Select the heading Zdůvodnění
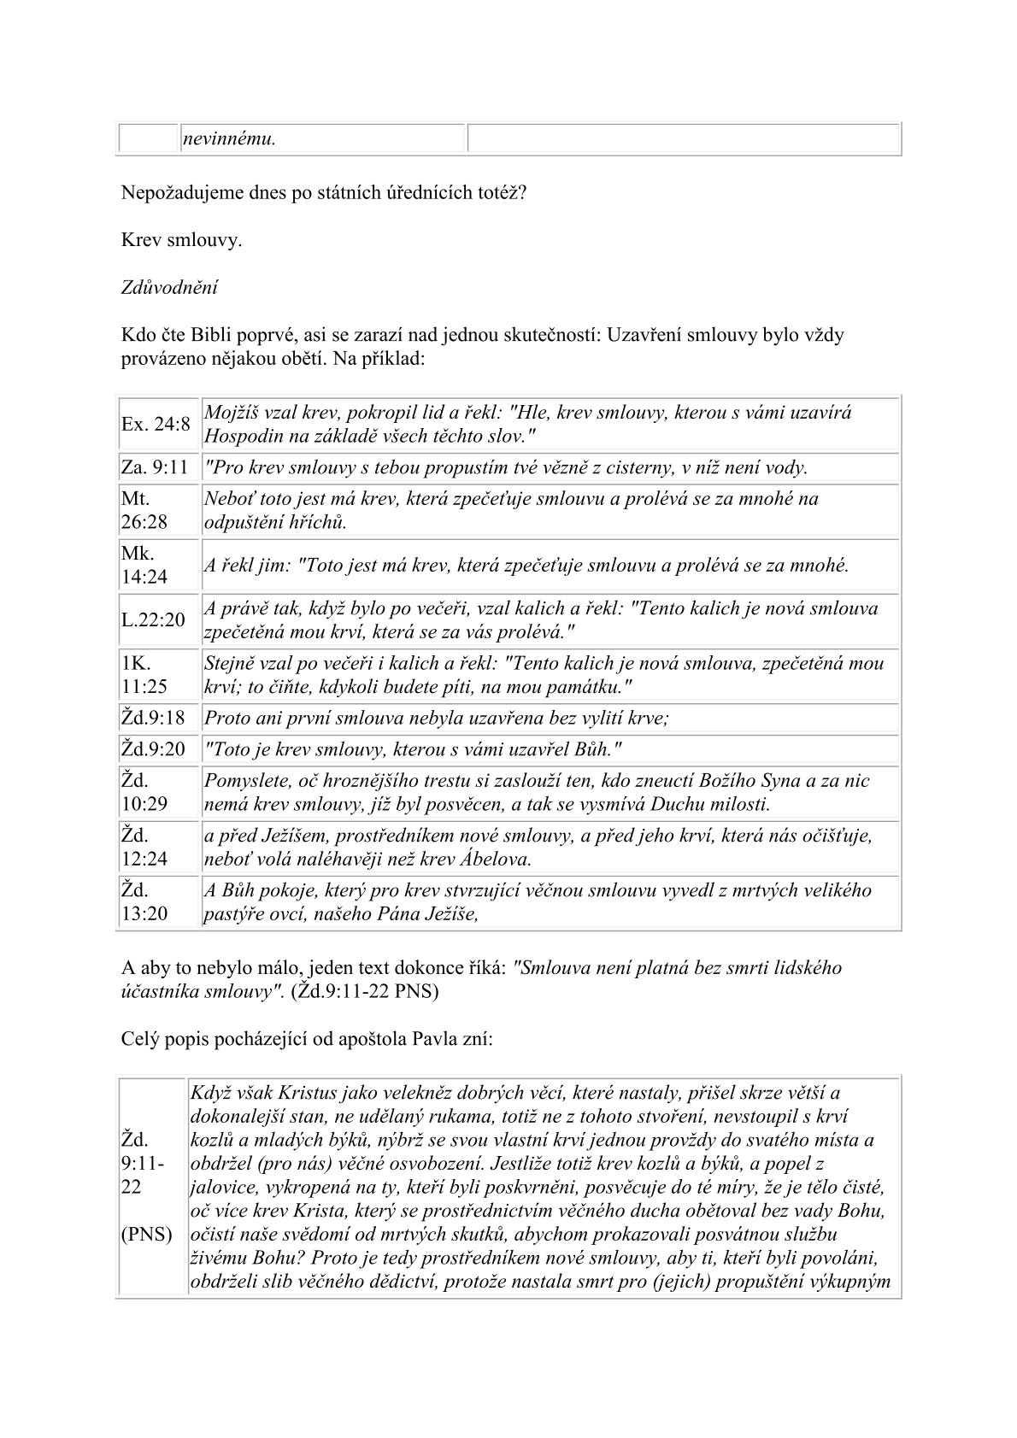169,287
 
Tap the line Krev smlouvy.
182,240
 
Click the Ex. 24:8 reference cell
156,424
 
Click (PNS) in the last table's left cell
148,1235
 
